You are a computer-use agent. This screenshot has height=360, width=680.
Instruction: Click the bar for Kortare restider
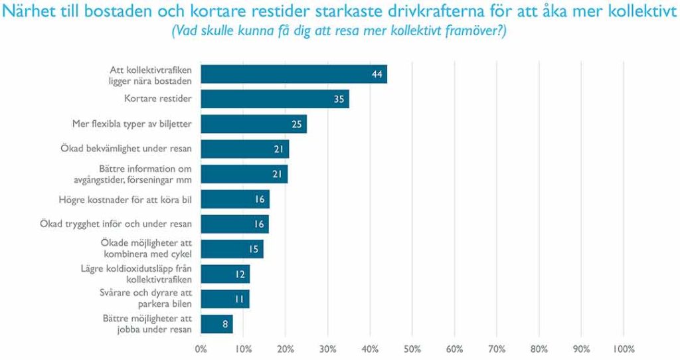point(274,99)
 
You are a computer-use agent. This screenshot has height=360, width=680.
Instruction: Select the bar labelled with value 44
point(294,74)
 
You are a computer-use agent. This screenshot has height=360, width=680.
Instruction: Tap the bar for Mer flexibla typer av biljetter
point(253,124)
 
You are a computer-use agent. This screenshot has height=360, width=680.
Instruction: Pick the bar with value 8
point(216,323)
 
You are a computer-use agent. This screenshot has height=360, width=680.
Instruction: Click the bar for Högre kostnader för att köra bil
point(234,199)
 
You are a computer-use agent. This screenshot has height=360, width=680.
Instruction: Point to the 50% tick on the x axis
point(412,348)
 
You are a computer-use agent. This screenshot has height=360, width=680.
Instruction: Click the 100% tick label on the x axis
point(624,348)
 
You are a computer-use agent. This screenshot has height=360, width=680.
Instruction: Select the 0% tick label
point(201,348)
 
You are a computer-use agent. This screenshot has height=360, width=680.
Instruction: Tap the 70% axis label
point(497,348)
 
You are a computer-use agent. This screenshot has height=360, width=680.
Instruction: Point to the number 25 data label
point(298,124)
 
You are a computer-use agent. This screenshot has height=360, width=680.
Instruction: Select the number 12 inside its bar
point(241,274)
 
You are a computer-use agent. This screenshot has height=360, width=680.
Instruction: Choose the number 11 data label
point(240,299)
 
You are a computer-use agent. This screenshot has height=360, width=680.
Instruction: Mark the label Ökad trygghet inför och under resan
point(116,224)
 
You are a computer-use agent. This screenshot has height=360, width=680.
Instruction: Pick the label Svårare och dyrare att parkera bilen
point(155,299)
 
